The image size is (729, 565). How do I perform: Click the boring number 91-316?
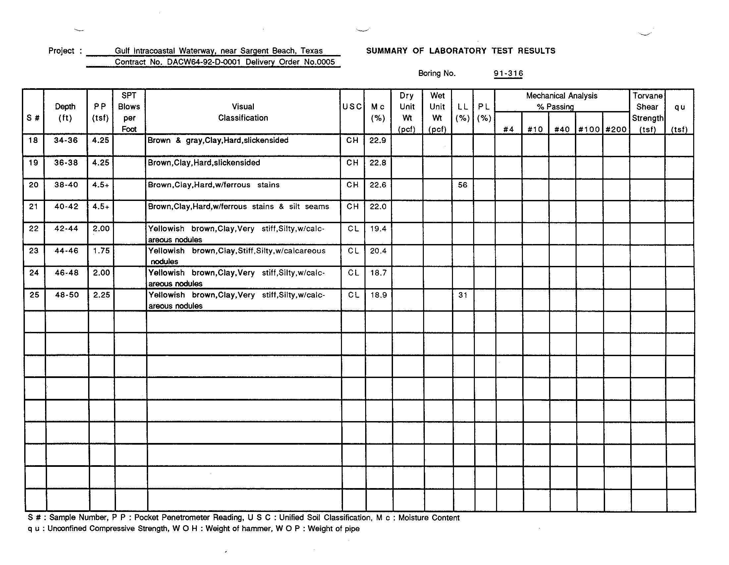coord(508,74)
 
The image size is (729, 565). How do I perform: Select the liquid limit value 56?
coord(462,185)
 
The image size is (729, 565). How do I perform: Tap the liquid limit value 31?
coord(463,295)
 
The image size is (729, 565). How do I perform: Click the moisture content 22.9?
coord(377,141)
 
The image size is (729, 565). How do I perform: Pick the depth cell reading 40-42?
coord(66,207)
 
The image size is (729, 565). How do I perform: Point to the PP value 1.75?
coord(101,251)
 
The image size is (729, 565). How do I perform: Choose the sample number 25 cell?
coord(34,295)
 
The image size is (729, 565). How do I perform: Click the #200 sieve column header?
coord(616,129)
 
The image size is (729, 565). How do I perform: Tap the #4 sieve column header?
coord(508,129)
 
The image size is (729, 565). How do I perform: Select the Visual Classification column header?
coord(243,112)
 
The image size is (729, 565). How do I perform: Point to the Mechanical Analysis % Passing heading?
coord(562,101)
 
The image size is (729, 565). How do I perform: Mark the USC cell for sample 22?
coord(353,229)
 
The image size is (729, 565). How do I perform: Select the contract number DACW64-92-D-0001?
coord(203,62)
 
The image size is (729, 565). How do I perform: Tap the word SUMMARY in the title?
coord(386,51)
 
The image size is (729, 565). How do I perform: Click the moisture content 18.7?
coord(378,273)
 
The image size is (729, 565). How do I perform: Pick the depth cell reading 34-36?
coord(66,140)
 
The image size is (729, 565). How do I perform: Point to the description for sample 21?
coord(238,207)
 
